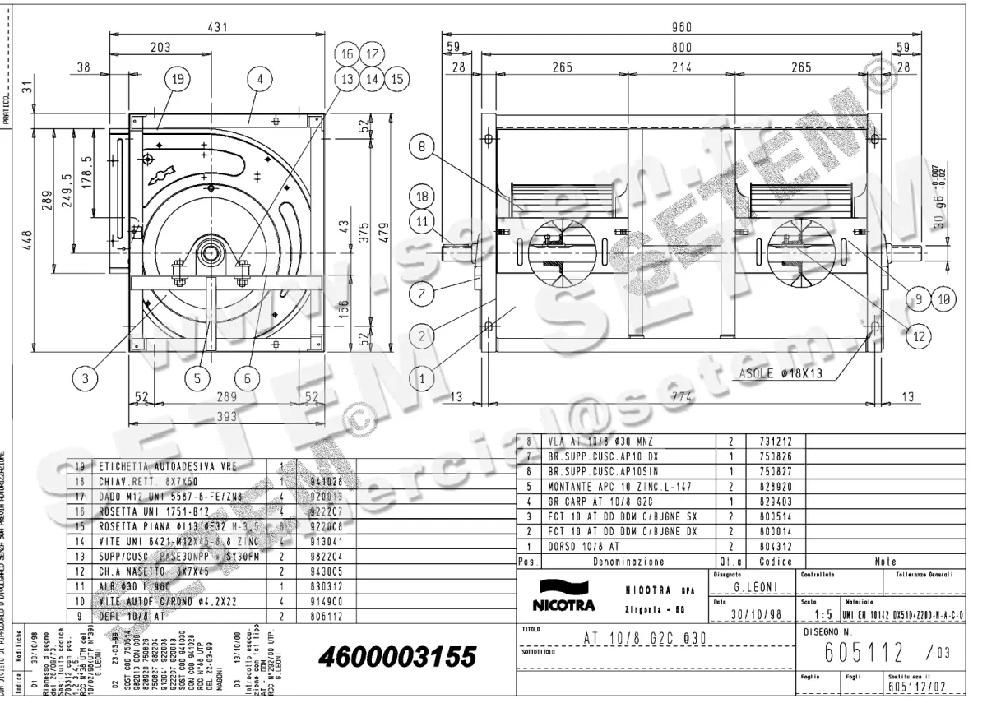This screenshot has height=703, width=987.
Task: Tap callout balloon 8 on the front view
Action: (421, 149)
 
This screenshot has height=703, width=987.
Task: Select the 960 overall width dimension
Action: (682, 26)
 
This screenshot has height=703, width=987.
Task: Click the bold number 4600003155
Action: (394, 658)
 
